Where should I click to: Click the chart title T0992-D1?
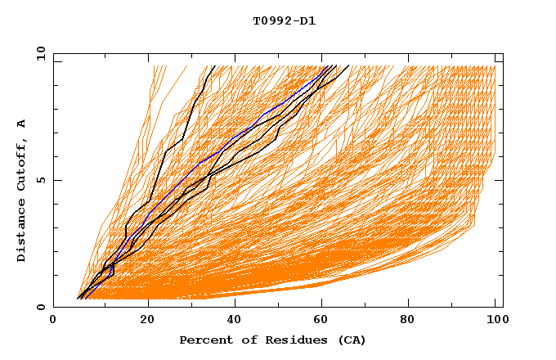pos(284,21)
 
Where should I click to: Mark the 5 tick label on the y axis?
pos(38,180)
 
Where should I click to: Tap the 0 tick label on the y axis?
pos(38,307)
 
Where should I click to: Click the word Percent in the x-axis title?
pos(204,340)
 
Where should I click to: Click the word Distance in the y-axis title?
pos(22,230)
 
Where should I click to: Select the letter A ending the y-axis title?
pos(22,124)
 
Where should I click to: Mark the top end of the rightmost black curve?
pos(348,66)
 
